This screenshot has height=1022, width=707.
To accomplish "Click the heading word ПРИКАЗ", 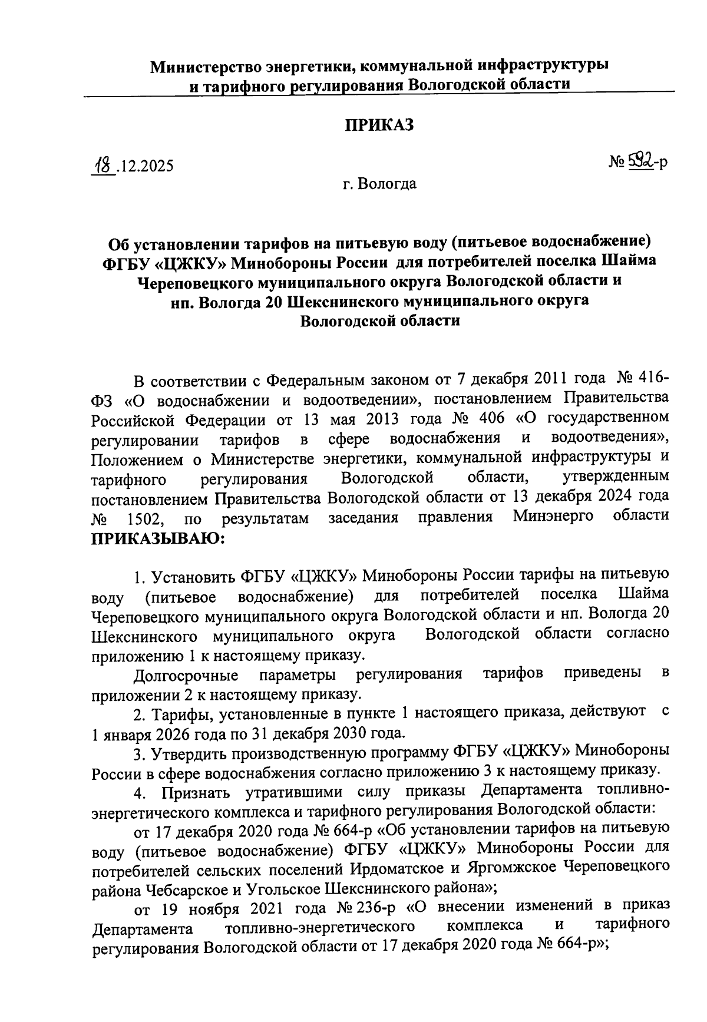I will [379, 125].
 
